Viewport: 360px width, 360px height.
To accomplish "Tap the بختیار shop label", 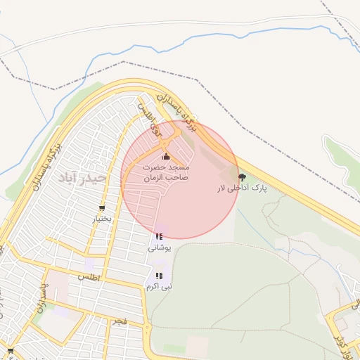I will pos(103,219).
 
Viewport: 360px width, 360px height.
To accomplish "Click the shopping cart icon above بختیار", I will pos(103,208).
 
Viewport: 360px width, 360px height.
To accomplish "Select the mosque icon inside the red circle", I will pos(166,156).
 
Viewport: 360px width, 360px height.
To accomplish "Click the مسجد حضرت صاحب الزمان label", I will pos(167,174).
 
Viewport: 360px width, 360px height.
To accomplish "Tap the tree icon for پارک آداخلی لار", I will pos(243,177).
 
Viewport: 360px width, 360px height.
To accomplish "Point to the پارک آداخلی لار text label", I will pos(242,189).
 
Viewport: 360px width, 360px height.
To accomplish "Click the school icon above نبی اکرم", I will pos(159,276).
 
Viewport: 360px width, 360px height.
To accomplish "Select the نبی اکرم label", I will pos(159,286).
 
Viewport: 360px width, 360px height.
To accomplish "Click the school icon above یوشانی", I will pos(158,237).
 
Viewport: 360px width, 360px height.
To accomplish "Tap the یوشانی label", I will pos(159,247).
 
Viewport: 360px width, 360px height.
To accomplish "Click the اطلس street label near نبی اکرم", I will pos(90,278).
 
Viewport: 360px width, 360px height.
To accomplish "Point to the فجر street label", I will pos(120,321).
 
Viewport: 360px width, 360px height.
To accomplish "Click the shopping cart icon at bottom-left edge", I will pos(10,350).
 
